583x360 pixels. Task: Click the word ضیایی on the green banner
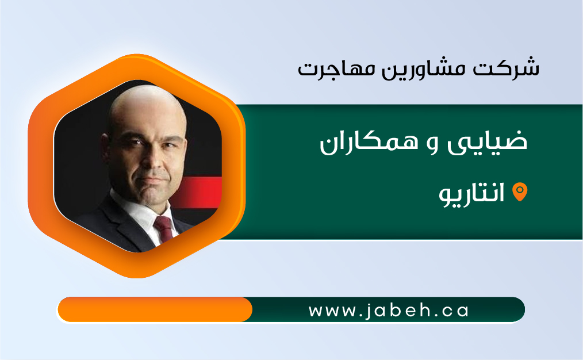[488, 141]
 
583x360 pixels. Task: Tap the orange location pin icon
[520, 192]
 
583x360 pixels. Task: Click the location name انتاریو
[471, 194]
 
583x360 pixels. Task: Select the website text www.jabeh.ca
[389, 311]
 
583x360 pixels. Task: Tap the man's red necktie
[164, 228]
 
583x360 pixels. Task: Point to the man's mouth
[153, 181]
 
